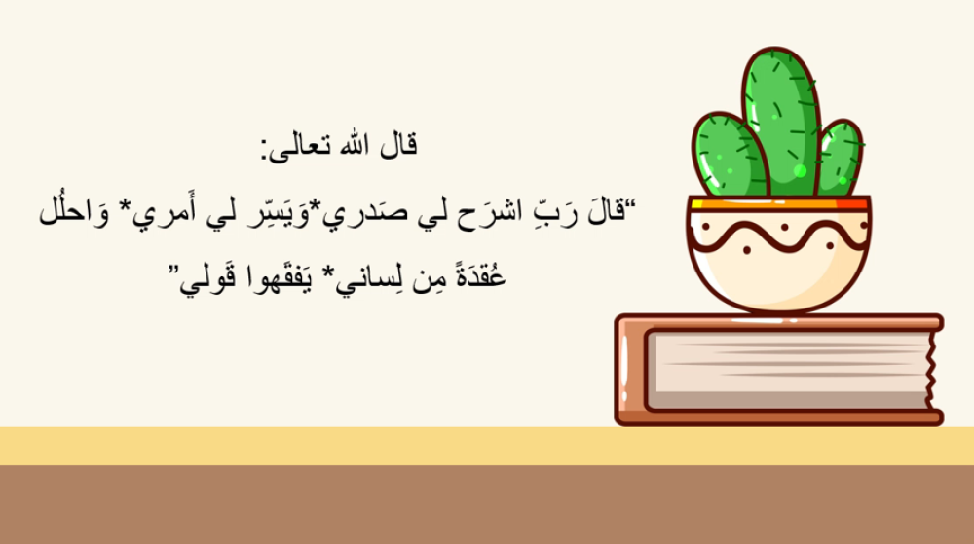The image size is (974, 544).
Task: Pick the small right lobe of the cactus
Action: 840,159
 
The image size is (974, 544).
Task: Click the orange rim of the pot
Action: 779,203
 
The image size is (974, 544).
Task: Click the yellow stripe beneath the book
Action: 487,446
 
